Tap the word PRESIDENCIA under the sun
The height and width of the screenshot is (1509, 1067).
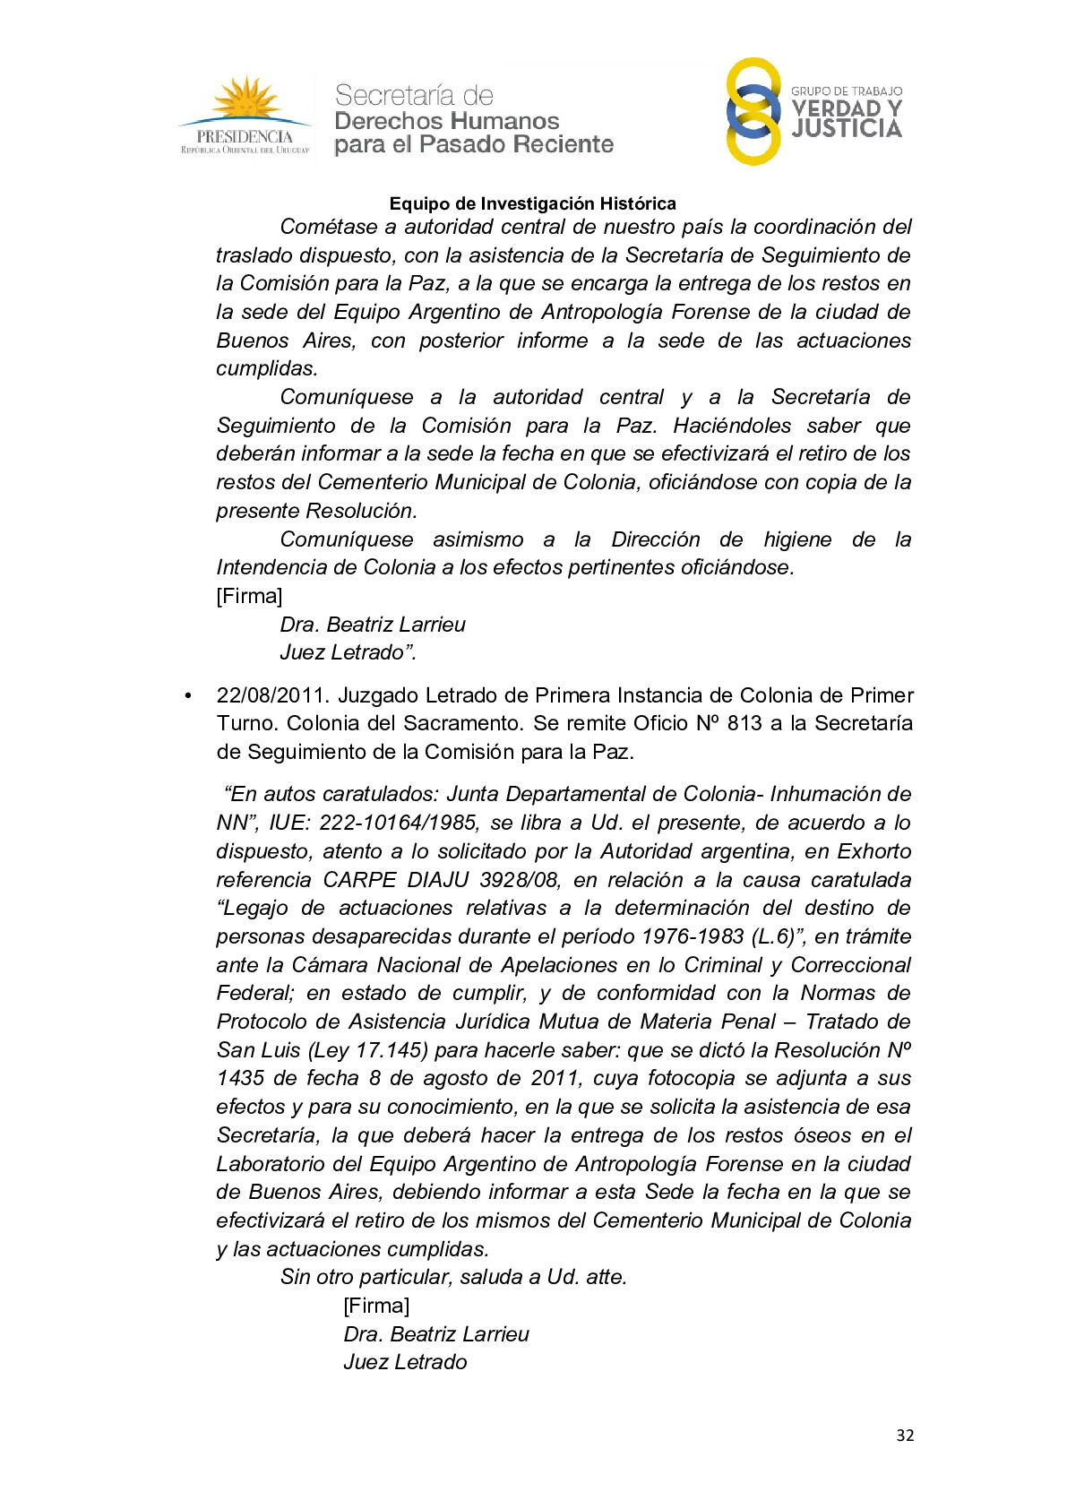coord(245,136)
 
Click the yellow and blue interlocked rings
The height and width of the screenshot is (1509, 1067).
coord(753,111)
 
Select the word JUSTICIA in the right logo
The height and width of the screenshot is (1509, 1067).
coord(847,129)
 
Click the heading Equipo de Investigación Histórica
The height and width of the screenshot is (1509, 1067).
coord(532,203)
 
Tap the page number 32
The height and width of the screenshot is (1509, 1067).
coord(905,1435)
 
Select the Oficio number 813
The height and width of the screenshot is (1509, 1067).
coord(744,723)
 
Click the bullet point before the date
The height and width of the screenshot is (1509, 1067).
coord(188,696)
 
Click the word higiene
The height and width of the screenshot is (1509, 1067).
coord(797,539)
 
